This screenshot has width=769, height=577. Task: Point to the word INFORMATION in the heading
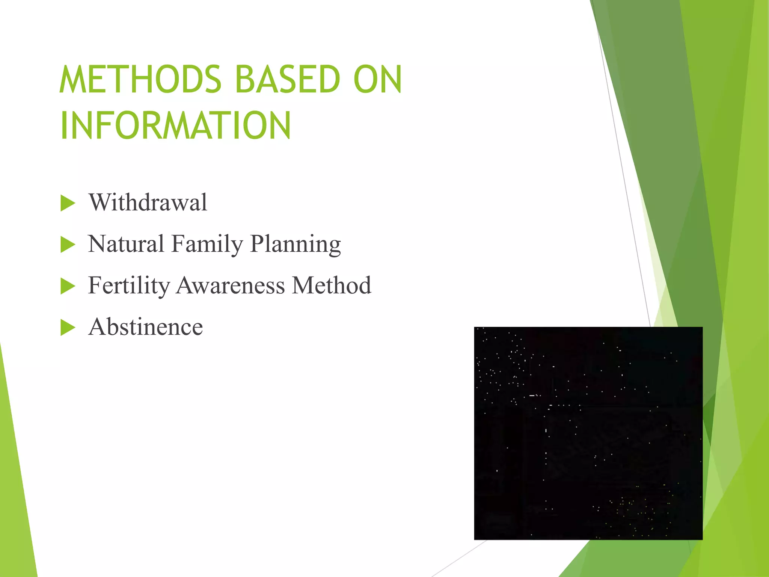[x=175, y=125]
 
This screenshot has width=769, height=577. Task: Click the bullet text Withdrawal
[x=148, y=202]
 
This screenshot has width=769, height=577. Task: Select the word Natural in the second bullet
[x=126, y=244]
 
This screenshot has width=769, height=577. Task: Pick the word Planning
[x=296, y=245]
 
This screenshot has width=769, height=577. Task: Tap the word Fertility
[x=129, y=285]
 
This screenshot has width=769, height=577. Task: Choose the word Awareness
[x=231, y=285]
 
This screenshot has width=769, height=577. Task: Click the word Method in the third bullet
[x=332, y=285]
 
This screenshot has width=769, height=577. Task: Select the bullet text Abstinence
[x=146, y=327]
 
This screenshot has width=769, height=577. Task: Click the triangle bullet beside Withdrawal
[x=68, y=203]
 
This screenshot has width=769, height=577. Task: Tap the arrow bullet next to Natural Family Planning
[x=68, y=245]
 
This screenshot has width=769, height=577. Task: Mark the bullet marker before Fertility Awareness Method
[x=68, y=286]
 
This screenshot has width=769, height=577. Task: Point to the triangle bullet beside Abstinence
[x=68, y=328]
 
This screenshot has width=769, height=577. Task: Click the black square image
[x=588, y=433]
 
